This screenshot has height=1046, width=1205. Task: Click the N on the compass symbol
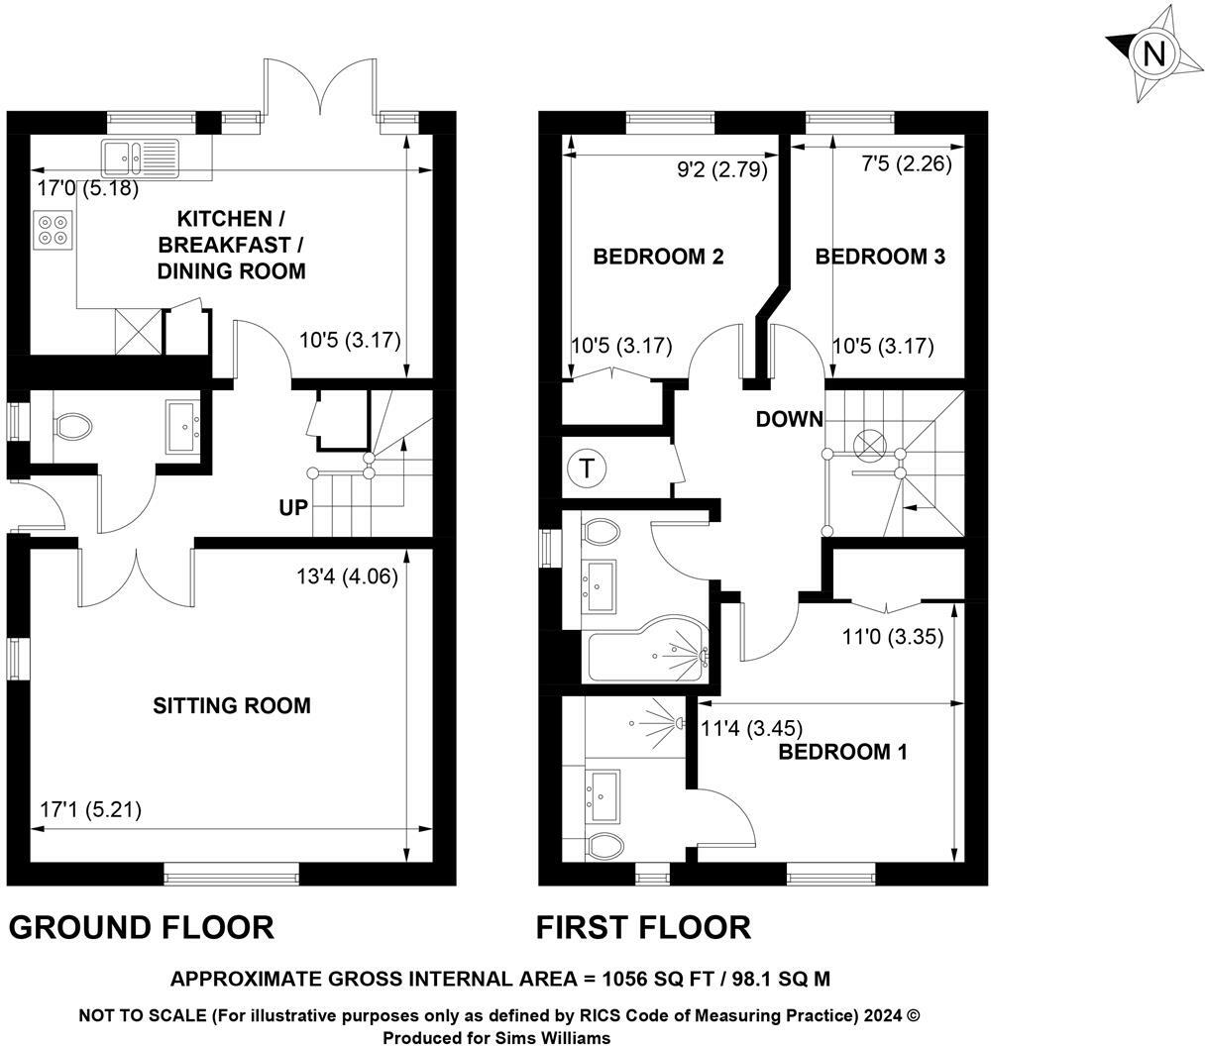point(1153,54)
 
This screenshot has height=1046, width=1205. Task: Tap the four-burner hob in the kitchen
point(54,230)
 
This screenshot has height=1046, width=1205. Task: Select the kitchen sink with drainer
point(140,157)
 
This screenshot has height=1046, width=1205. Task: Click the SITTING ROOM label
point(232,706)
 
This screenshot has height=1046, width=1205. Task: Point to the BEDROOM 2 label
point(658,257)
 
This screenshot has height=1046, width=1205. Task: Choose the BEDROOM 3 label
point(880,257)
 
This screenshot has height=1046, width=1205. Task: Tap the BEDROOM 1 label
point(842,752)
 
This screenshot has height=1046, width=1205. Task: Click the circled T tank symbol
point(586,470)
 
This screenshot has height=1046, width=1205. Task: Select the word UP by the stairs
point(293,507)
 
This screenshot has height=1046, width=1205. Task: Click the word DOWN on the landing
point(789,419)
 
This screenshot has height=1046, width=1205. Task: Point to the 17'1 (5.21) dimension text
point(91,810)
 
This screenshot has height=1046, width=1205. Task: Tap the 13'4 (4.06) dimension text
point(348,576)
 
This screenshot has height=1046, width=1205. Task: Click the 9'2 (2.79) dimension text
point(722,169)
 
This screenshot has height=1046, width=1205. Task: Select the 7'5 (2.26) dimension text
point(907,163)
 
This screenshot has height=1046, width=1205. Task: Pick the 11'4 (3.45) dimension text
point(752,729)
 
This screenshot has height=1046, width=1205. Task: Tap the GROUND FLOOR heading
point(142,928)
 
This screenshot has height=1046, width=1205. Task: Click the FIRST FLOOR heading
point(643,928)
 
